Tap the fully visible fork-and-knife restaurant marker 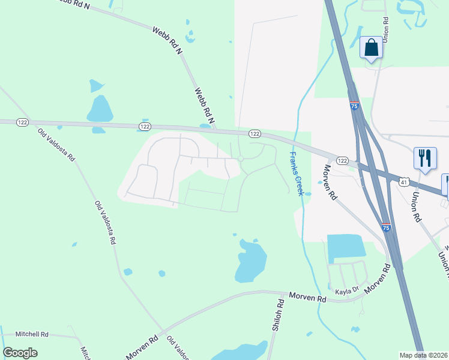coord(425,159)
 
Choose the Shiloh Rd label coord(278,316)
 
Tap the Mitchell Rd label coord(32,334)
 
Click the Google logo coord(20,352)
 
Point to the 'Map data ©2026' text coord(424,355)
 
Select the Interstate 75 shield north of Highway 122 coord(354,106)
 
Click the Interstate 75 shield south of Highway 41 coord(386,227)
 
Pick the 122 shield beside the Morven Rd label coord(342,160)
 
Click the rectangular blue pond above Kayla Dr coord(346,248)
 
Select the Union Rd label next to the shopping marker coord(386,28)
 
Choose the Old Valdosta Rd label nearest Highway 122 coord(55,145)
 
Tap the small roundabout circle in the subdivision coord(240,159)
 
